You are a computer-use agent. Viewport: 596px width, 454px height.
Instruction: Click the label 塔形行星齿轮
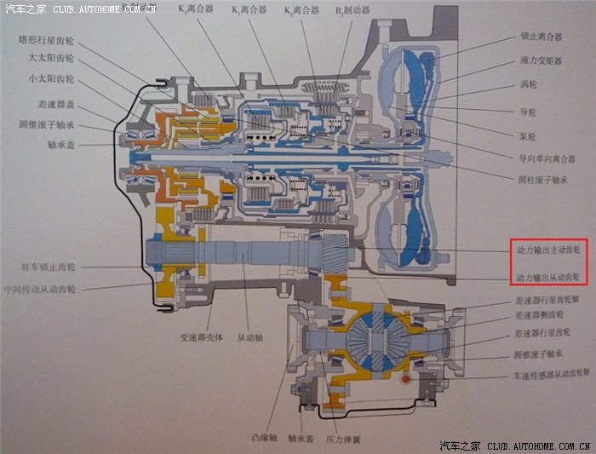point(48,41)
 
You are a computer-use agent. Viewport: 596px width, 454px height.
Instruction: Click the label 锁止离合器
point(542,37)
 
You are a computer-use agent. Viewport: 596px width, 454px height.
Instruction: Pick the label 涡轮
point(527,85)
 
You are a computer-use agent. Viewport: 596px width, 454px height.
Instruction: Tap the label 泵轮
point(527,135)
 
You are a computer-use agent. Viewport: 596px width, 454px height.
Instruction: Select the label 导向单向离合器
point(545,158)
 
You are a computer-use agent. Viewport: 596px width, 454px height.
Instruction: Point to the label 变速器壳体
point(202,337)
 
